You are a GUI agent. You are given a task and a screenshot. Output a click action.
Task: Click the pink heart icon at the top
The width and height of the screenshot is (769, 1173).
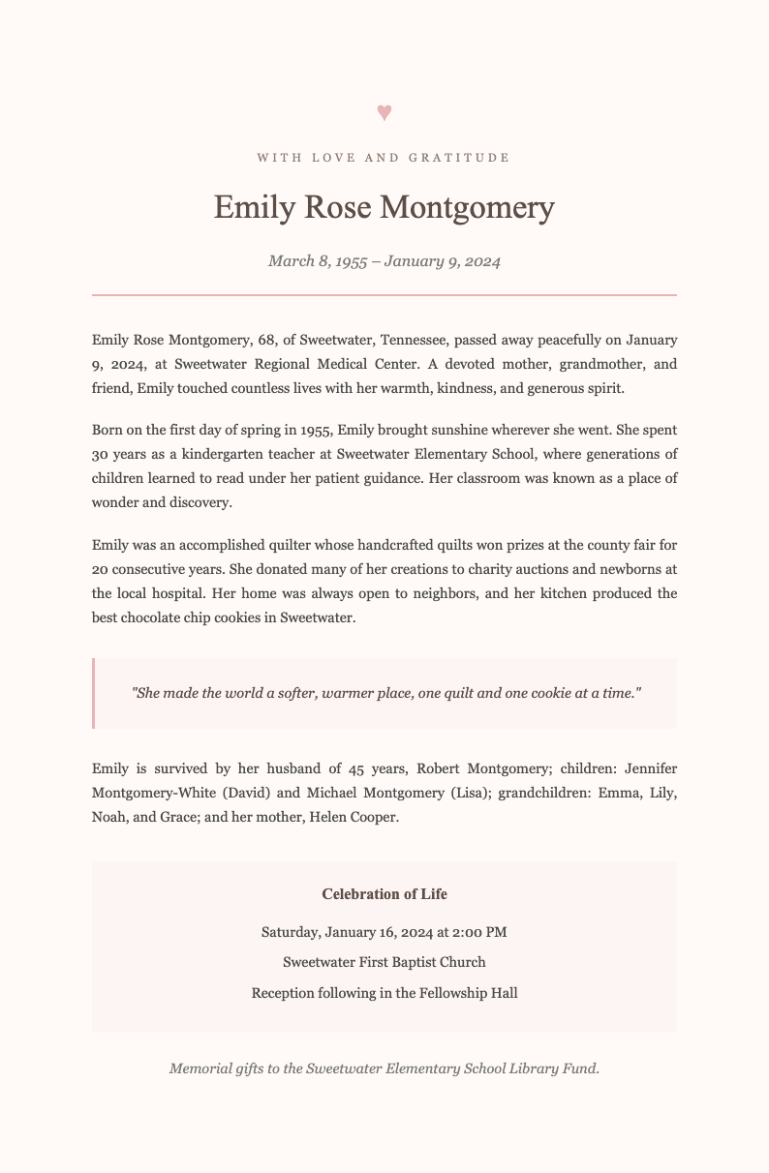point(384,112)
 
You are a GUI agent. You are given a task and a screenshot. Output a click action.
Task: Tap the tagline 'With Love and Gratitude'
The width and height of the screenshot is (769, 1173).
point(384,157)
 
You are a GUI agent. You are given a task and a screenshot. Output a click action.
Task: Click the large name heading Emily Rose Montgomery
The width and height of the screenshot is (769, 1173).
point(384,208)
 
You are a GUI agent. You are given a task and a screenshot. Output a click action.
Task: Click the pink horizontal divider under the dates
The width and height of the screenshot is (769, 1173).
point(384,293)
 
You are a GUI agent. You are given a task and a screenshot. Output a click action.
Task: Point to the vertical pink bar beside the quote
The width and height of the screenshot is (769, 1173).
point(93,693)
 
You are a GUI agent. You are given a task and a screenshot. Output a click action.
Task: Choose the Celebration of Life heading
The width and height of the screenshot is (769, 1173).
point(384,893)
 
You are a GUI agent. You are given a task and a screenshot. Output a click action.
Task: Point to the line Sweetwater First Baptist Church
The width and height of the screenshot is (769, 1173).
point(384,962)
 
